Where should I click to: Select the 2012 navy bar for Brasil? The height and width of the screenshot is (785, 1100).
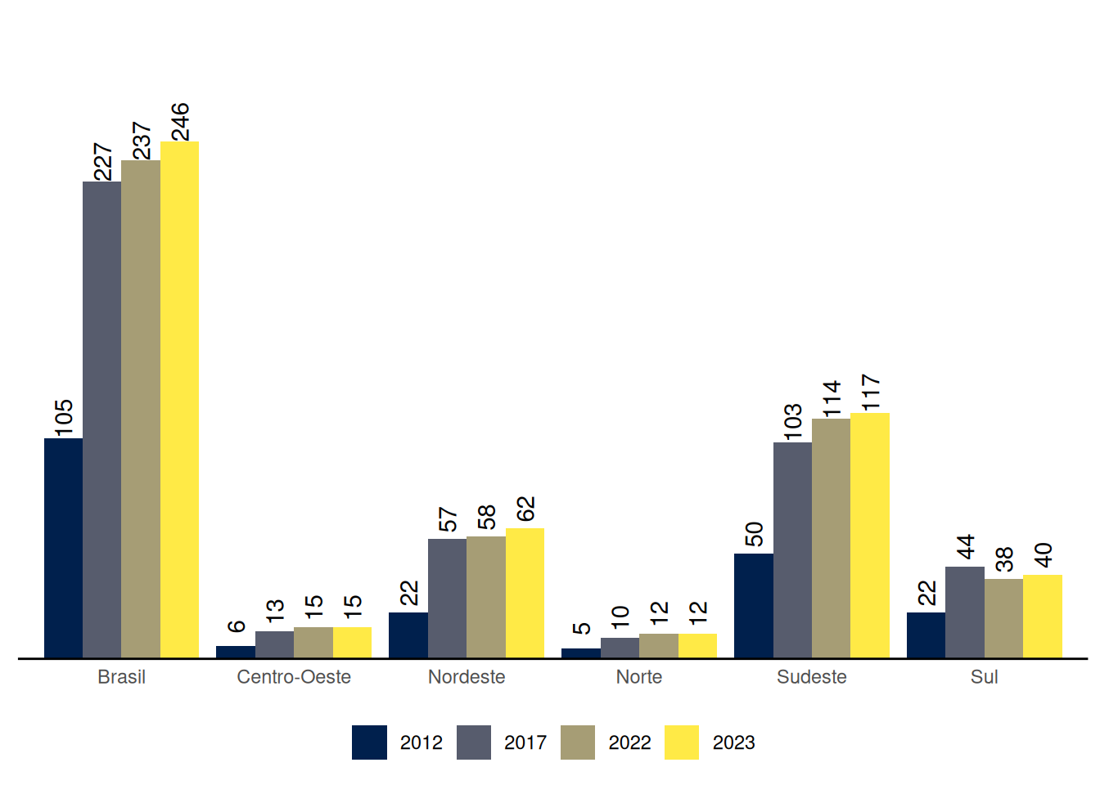point(63,548)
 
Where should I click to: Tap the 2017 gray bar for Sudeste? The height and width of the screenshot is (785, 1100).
point(792,549)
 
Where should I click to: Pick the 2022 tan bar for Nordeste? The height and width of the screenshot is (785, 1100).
point(486,597)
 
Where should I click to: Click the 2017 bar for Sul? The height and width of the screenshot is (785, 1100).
point(965,612)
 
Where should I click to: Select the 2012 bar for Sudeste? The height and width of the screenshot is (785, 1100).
point(753,605)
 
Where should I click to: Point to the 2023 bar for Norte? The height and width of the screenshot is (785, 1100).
point(697,645)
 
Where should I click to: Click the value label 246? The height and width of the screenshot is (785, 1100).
point(180,121)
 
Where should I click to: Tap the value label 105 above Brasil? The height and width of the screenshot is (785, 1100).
point(64,417)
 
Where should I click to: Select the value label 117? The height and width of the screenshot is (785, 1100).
point(871,392)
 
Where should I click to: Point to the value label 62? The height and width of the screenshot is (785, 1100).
point(525,509)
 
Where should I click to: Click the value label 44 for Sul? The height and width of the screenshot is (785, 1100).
point(966,547)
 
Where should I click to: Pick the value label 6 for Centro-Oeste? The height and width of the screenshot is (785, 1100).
point(236,626)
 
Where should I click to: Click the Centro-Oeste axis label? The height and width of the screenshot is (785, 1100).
point(294,677)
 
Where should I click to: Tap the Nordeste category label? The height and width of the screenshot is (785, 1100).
point(467,677)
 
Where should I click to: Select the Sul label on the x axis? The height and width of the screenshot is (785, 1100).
point(984,677)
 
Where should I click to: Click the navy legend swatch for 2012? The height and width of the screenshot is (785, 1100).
point(369,742)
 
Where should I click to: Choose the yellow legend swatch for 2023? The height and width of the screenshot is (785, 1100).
point(682,742)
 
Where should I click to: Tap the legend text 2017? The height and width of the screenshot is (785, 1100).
point(525,742)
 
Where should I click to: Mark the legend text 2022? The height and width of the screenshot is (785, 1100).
point(629,742)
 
